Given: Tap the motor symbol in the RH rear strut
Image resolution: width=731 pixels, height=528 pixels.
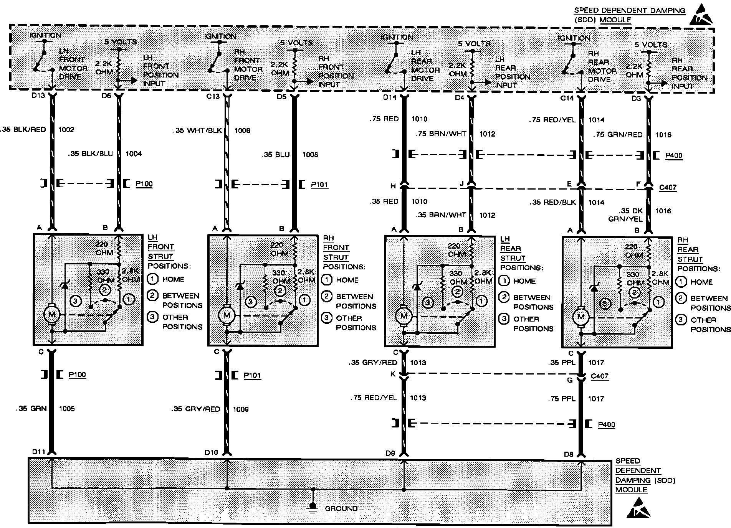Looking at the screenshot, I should point(580,317).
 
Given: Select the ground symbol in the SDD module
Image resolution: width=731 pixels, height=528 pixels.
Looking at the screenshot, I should point(313,507).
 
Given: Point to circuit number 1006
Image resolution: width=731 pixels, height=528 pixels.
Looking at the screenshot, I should point(242,131).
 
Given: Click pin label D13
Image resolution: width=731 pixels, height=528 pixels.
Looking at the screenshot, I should point(38,96).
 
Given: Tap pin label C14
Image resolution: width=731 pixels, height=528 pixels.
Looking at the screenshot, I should point(567,98).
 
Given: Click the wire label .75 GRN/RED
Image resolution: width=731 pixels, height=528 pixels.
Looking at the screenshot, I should point(618,135).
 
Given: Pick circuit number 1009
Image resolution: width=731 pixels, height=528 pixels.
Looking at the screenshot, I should point(241,409).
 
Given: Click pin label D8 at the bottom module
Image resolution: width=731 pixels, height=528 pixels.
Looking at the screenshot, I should point(569,454).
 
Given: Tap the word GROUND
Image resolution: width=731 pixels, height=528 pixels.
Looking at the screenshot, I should point(341,508).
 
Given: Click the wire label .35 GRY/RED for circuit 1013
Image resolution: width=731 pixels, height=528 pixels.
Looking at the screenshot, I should point(373,363).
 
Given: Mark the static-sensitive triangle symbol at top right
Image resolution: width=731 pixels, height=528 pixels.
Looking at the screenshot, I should point(701,15).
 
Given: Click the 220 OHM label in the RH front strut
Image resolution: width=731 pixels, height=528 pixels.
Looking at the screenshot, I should point(279,249).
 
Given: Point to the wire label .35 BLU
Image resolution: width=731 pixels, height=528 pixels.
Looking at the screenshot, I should point(275,155).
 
